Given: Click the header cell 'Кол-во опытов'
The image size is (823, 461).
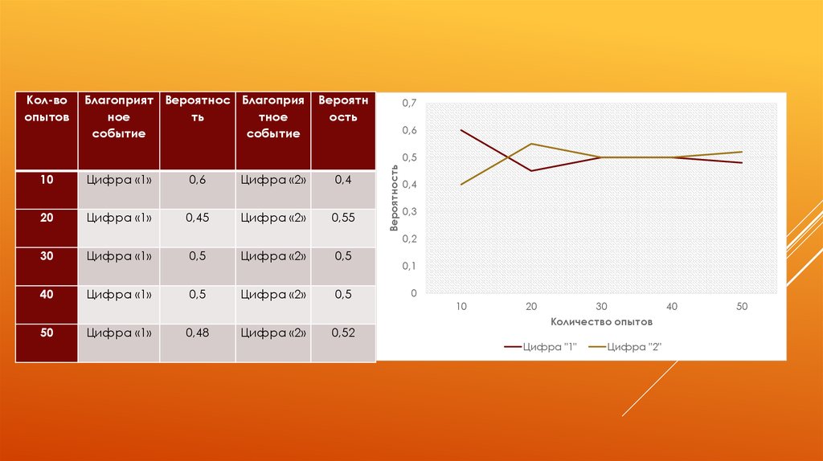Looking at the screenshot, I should pos(47,108).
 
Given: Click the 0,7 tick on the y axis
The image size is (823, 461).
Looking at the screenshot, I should pos(410,103).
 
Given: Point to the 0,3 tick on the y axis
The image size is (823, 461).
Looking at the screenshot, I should pos(410,212).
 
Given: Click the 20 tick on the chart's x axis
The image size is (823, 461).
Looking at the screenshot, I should pos(531,306).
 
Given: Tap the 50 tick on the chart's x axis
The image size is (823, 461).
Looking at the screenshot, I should pos(742,306).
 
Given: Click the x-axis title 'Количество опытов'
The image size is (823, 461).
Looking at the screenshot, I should pos(601,321).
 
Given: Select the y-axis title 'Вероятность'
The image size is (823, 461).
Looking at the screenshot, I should pos(395,198).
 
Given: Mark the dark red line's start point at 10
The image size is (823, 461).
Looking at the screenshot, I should pos(461,130).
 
